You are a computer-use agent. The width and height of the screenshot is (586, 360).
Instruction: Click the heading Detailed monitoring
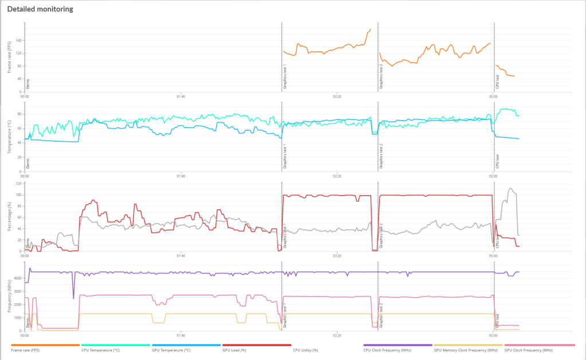tap(40, 10)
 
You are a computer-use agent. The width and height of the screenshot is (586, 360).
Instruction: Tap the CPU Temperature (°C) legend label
tap(100, 350)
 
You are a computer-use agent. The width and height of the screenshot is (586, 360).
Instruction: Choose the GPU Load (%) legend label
tap(234, 350)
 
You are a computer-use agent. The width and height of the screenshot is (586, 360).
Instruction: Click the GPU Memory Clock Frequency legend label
tap(465, 350)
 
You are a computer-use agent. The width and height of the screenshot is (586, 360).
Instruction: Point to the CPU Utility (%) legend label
tap(305, 350)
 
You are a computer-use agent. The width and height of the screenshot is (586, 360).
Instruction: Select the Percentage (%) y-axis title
tap(10, 217)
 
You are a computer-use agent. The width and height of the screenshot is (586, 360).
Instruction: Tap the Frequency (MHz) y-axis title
tap(10, 298)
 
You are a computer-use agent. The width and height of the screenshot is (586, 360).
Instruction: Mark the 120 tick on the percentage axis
tap(18, 183)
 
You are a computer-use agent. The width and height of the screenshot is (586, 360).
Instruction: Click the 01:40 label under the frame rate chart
tap(180, 96)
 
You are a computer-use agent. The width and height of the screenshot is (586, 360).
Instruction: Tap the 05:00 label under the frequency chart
tap(493, 336)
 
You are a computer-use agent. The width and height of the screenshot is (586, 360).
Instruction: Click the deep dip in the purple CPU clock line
tap(73, 298)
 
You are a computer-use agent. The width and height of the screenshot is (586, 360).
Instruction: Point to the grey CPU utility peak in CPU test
tap(510, 189)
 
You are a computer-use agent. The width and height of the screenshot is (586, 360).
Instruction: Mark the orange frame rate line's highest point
tap(371, 29)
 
